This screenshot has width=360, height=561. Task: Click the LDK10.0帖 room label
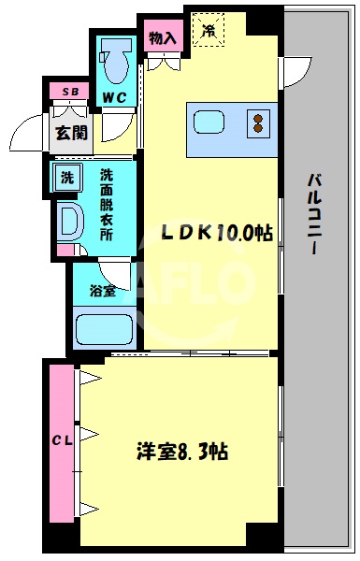pyautogui.click(x=220, y=233)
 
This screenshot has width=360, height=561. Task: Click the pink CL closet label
pyautogui.click(x=60, y=439)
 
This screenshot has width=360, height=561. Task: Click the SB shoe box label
pyautogui.click(x=70, y=92)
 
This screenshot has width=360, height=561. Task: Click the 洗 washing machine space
pyautogui.click(x=68, y=178)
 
